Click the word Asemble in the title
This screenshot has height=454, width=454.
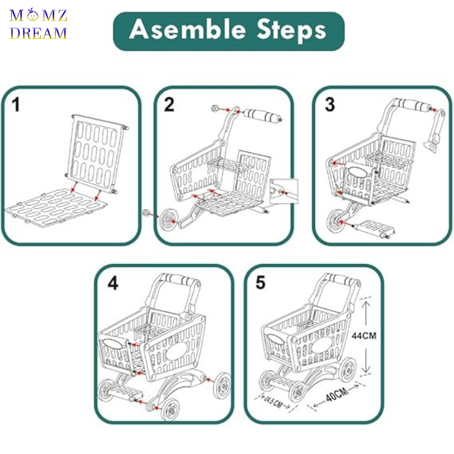tap(182, 30)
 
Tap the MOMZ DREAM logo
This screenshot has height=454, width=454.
tap(39, 25)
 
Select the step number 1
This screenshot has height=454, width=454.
tap(16, 105)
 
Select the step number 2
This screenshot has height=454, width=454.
tap(169, 105)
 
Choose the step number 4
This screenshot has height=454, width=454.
tap(113, 283)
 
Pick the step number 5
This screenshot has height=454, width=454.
tap(260, 282)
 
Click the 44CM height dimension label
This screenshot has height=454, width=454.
tap(364, 336)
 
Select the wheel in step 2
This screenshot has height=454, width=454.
tap(168, 220)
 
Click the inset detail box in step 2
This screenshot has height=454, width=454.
tap(283, 191)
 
